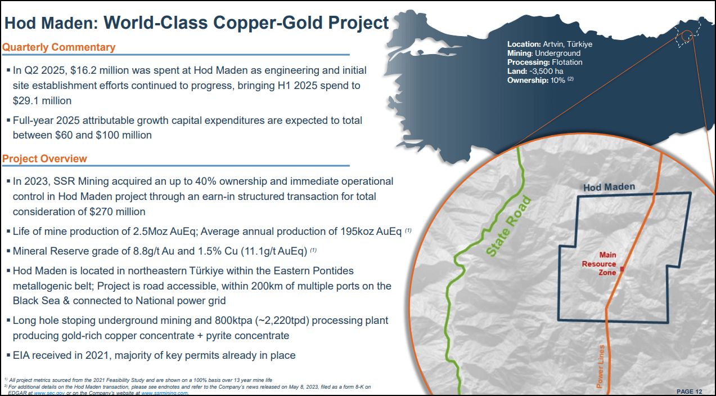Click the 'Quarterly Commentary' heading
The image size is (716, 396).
[x=58, y=47]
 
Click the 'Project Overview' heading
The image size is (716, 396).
[x=44, y=158]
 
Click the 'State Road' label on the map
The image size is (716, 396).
[x=507, y=227]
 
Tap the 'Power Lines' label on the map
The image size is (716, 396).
[x=601, y=367]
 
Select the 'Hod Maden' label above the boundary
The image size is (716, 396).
[x=609, y=187]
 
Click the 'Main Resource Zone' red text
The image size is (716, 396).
[x=600, y=264]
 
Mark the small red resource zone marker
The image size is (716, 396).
[x=622, y=270]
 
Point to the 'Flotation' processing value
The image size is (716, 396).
[x=567, y=62]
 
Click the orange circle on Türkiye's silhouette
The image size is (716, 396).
[x=687, y=37]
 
